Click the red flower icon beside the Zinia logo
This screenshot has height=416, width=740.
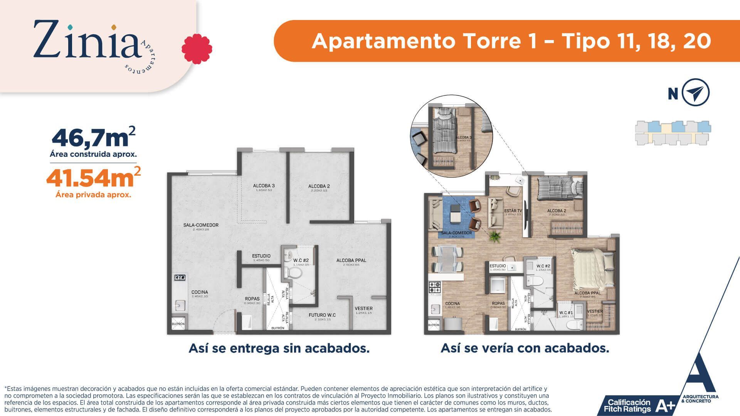(x=197, y=49)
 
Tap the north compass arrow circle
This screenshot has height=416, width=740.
(x=695, y=92)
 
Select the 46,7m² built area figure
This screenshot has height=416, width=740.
(x=93, y=138)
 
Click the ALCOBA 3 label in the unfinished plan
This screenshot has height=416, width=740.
(x=264, y=186)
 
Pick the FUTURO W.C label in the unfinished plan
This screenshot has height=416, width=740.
(x=322, y=315)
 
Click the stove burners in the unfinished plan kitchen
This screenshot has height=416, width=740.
(x=180, y=277)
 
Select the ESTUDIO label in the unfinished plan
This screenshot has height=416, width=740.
(x=261, y=256)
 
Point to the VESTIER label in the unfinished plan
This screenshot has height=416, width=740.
(x=363, y=309)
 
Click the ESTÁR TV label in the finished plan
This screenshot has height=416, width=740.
(x=513, y=211)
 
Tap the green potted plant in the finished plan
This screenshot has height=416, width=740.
(x=494, y=236)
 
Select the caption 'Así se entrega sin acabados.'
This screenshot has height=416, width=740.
(x=279, y=348)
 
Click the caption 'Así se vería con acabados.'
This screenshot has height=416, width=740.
(x=525, y=348)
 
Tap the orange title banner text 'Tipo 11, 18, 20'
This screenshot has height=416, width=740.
(x=636, y=41)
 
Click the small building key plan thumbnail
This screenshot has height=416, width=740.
(x=673, y=133)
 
